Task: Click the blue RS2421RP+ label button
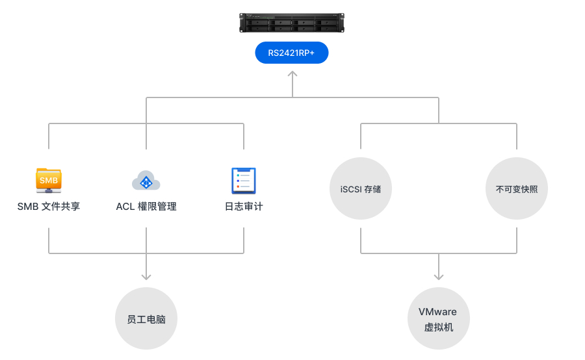tap(292, 53)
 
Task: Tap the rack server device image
tap(292, 23)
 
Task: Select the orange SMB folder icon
tap(49, 180)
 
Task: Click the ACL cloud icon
tap(146, 181)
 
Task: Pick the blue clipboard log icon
tap(244, 181)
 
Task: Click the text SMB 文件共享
tap(49, 207)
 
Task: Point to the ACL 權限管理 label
tap(146, 207)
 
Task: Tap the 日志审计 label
tap(244, 207)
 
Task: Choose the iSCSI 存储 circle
tap(360, 188)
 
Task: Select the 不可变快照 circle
tap(517, 188)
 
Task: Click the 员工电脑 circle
tap(146, 319)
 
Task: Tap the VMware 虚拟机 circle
tap(439, 319)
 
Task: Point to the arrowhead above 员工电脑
tap(146, 276)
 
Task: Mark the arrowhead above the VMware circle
tap(439, 276)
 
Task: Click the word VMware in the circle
tap(437, 312)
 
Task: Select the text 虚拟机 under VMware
tap(439, 327)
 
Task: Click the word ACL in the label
tap(125, 207)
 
